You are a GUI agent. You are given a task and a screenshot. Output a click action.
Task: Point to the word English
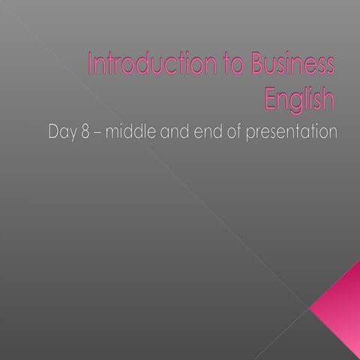click(301, 97)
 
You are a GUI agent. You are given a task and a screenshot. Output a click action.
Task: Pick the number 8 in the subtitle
click(86, 133)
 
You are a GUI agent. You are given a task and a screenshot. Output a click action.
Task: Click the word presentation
click(293, 133)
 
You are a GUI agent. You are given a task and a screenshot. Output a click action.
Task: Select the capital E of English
click(272, 97)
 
